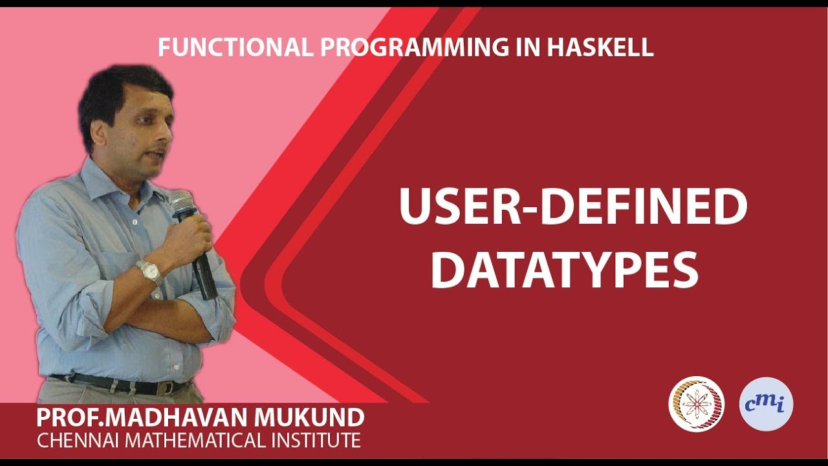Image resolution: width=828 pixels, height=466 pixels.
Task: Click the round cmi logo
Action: click(x=766, y=405)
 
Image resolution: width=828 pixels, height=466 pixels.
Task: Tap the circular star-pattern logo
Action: click(x=696, y=405)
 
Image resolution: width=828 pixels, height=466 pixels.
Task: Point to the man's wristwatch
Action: click(x=149, y=271)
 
